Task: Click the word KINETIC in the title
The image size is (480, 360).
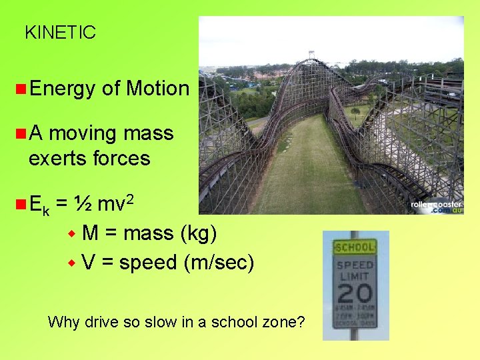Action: pos(60,32)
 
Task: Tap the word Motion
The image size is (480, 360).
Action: pos(157,88)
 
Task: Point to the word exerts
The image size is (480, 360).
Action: pos(55,158)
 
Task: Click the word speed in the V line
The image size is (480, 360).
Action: pos(148,263)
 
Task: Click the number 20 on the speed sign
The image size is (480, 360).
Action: pos(355,293)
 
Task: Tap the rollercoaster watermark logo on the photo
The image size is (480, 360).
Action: pos(437,207)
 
